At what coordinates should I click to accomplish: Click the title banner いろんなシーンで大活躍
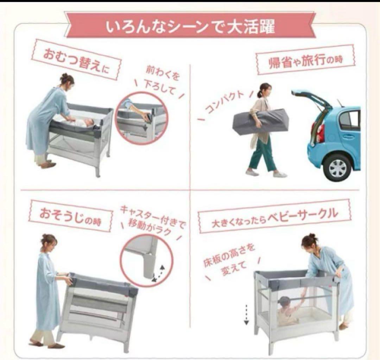pos(190,26)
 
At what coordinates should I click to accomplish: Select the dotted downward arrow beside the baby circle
pos(246,315)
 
